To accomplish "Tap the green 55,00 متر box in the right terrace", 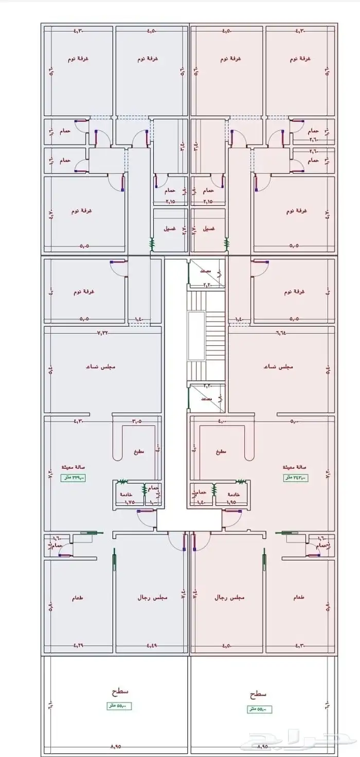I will (259, 709).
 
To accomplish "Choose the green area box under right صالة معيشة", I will (295, 478).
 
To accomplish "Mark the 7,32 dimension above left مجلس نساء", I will (103, 332).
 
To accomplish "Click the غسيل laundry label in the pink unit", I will (208, 228).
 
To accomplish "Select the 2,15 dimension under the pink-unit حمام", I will (208, 201).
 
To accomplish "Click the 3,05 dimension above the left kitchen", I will (137, 421).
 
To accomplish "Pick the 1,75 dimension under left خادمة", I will (129, 501).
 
